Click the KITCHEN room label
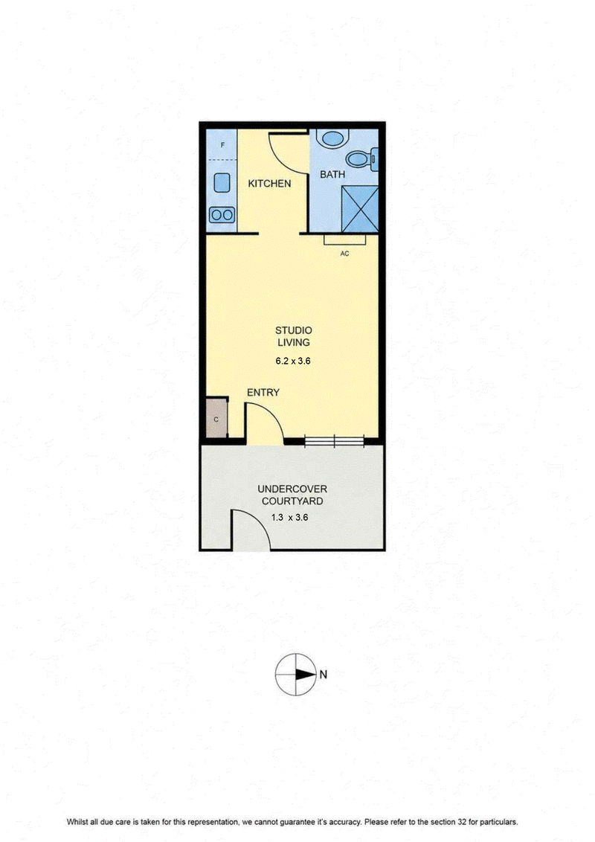269,184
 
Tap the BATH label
332,175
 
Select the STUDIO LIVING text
293,336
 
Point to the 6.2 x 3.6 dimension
293,361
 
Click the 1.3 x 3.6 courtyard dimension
290,518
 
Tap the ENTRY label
263,393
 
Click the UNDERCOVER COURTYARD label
292,495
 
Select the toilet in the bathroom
362,158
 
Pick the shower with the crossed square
360,210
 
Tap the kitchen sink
221,183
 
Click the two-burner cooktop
222,215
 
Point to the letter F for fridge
223,145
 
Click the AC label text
345,254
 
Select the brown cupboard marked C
216,418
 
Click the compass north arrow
304,675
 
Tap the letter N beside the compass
324,675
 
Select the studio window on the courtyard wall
334,441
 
